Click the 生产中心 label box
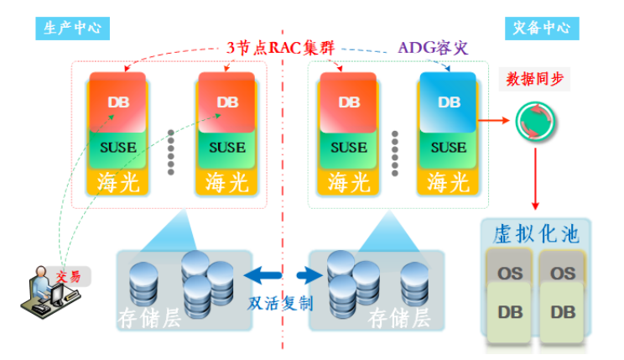72,27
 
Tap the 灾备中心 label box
541,27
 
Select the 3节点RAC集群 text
281,48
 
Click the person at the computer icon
39,290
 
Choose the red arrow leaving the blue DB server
493,119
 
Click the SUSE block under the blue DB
449,148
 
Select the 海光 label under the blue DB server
449,181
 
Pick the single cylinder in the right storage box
417,284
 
